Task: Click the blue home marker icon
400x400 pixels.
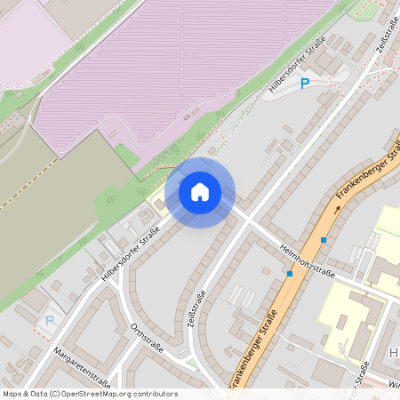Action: click(200, 191)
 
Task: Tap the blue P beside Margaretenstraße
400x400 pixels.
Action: click(50, 321)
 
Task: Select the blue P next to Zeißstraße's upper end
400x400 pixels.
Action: click(305, 84)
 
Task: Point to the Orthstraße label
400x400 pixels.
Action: click(147, 337)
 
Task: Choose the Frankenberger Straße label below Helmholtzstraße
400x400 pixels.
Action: click(254, 348)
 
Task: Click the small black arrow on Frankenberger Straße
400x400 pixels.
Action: click(336, 211)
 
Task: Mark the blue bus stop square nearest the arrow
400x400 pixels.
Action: click(324, 239)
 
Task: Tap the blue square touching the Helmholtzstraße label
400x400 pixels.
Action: click(290, 274)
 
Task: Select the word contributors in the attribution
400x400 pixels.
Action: click(155, 394)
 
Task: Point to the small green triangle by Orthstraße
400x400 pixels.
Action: click(191, 362)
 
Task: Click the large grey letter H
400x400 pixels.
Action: click(393, 353)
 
